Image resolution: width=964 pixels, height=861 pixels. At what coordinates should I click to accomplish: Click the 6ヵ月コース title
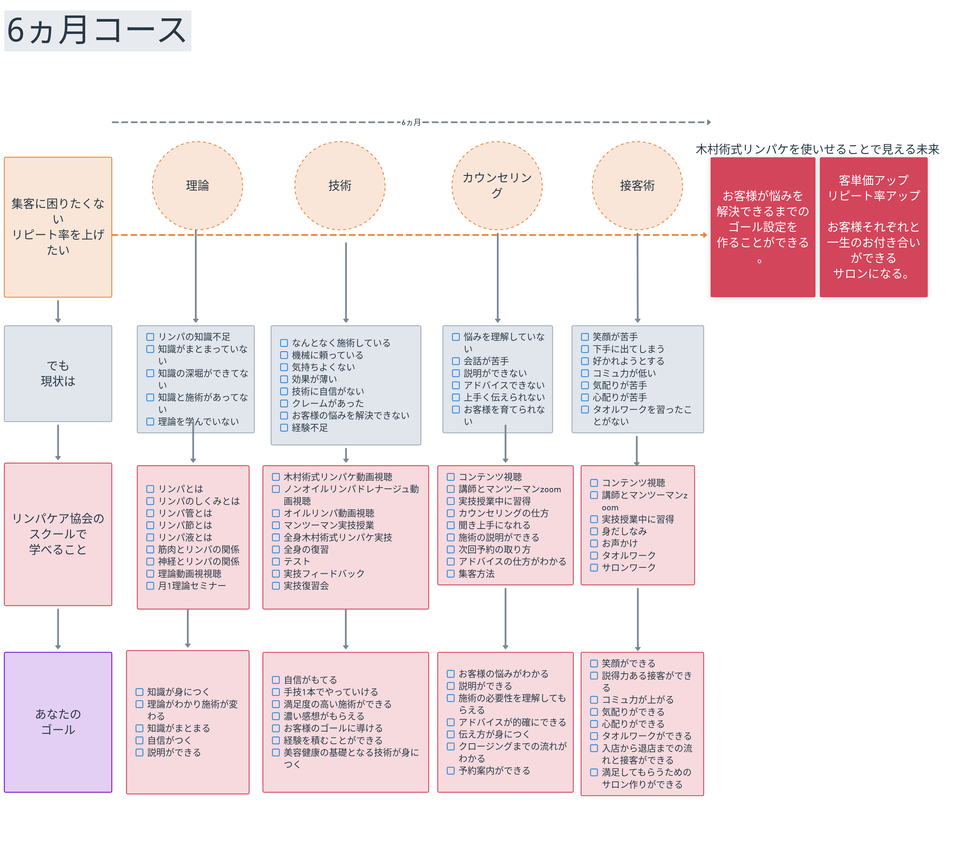point(97,31)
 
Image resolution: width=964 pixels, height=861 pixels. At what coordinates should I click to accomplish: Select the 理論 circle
point(197,185)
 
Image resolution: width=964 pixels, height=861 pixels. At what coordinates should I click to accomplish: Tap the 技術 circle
point(339,185)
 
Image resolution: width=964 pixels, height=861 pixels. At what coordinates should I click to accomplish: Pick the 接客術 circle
point(637,185)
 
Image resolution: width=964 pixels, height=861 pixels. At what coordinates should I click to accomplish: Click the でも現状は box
point(58,373)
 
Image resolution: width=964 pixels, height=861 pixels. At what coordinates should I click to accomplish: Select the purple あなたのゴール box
point(58,722)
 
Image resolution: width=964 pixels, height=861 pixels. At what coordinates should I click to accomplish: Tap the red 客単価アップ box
point(873,227)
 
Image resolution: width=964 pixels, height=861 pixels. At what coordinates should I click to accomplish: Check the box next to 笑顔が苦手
point(585,337)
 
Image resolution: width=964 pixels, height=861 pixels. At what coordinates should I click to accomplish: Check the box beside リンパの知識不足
point(150,337)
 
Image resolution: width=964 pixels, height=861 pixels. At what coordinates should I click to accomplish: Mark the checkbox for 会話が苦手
point(456,361)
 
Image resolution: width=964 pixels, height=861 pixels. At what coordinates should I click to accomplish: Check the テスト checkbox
point(276,561)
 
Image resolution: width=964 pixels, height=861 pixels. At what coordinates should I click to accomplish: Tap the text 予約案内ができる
point(494,771)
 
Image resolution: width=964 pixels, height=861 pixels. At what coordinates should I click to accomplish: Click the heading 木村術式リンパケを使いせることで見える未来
point(817,150)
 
